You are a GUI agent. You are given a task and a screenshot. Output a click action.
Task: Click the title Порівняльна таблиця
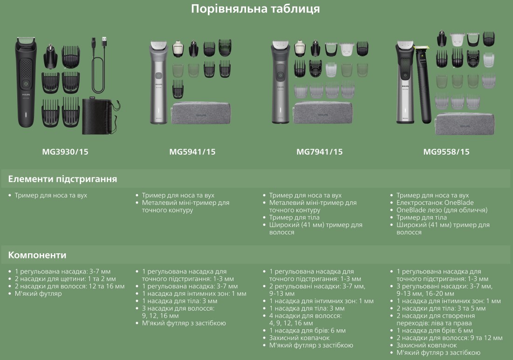[x=255, y=9]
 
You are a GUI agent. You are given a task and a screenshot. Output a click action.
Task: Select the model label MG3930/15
[x=65, y=152]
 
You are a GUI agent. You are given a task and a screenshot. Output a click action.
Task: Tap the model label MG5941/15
[x=192, y=152]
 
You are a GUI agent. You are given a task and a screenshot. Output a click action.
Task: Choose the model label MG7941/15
[x=320, y=152]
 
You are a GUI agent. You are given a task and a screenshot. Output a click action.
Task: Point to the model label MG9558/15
[x=446, y=152]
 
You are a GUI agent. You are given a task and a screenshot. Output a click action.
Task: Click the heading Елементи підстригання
[x=62, y=179]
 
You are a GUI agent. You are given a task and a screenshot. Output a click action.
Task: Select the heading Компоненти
[x=37, y=255]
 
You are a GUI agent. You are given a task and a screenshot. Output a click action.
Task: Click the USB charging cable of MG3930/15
[x=99, y=65]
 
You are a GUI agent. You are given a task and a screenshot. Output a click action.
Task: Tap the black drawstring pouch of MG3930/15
[x=100, y=116]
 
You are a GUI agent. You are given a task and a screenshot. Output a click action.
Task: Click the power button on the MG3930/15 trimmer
[x=26, y=84]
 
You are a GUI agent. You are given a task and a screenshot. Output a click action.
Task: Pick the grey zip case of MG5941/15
[x=201, y=113]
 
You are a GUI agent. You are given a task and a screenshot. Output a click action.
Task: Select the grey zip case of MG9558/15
[x=465, y=123]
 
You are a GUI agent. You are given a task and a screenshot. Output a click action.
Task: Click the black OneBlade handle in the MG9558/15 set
[x=423, y=85]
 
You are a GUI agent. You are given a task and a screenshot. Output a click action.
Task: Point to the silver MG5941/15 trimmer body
[x=159, y=83]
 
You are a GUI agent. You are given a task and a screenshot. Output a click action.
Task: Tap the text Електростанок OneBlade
[x=435, y=203]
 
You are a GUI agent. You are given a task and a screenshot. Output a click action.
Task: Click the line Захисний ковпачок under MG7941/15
[x=299, y=338]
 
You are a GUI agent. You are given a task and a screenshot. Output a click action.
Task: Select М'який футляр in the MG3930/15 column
[x=38, y=293]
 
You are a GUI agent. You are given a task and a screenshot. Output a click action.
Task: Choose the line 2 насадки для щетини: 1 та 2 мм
[x=65, y=279]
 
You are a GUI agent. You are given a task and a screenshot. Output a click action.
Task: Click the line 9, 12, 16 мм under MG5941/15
[x=160, y=316]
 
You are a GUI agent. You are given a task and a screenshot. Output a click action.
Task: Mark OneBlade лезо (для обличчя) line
[x=442, y=210]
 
